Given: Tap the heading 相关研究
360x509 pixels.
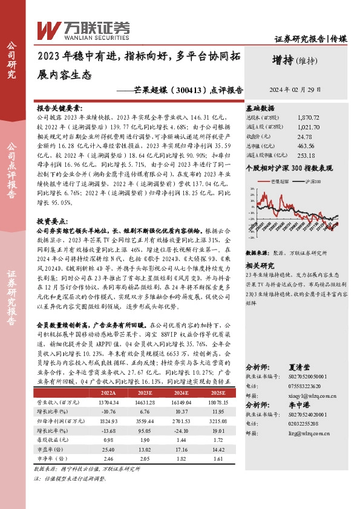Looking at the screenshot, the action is pyautogui.click(x=260, y=265).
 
